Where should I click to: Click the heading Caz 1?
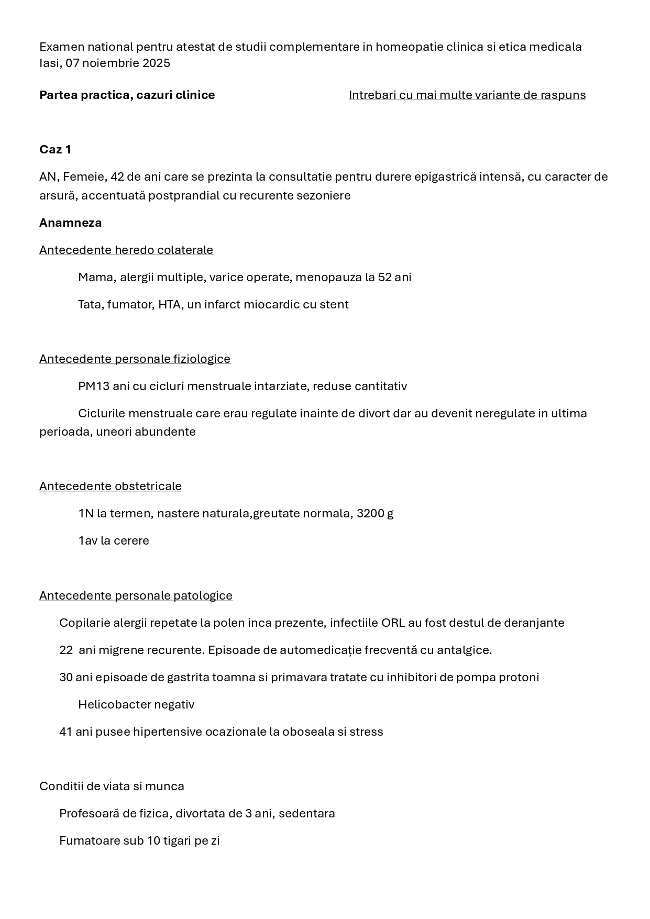55,150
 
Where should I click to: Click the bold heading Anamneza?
70,223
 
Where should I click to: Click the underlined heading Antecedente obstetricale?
111,486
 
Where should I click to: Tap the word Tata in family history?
90,305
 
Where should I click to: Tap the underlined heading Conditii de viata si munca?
112,787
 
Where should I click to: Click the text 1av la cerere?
114,541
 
